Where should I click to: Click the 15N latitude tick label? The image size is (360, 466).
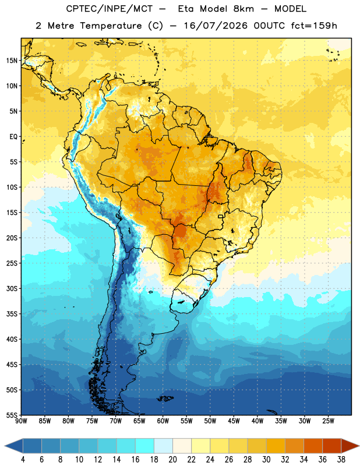tap(12, 61)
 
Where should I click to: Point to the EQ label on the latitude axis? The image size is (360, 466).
tap(13, 137)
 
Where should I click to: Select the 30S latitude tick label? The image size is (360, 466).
tap(12, 288)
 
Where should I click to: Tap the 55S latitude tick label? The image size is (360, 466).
tap(12, 415)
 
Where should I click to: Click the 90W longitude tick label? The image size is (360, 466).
tap(22, 421)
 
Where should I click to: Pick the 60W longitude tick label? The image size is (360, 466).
tap(163, 421)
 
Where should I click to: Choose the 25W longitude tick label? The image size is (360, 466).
tap(328, 421)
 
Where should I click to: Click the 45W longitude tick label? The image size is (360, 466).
tap(234, 421)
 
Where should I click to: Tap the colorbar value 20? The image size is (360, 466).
tap(172, 460)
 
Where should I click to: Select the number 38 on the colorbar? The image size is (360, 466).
tap(341, 460)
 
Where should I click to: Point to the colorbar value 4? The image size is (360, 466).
tap(23, 460)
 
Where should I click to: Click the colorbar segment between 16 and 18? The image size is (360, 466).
tap(145, 446)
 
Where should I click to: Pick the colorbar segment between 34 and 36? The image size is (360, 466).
tap(313, 446)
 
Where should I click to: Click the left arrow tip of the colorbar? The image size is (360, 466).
tap(5, 446)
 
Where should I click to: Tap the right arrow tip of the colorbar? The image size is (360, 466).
tap(359, 446)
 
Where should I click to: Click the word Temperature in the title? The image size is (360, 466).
tap(111, 26)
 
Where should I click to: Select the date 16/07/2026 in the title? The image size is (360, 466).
tap(216, 26)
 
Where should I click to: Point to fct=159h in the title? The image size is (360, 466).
tap(314, 26)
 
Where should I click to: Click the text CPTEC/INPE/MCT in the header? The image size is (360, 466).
tap(110, 9)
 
